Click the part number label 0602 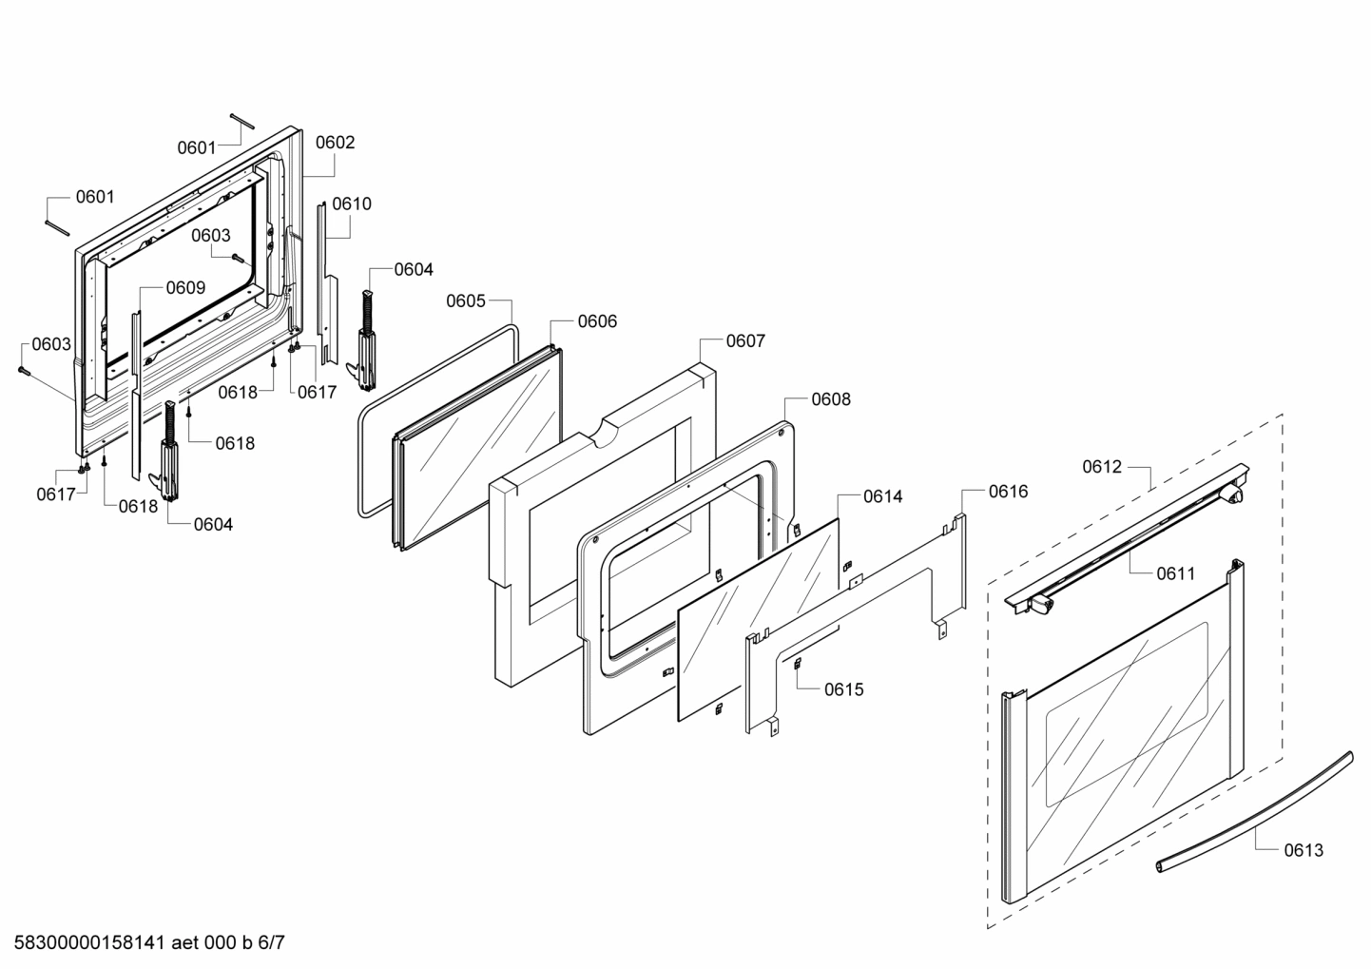pyautogui.click(x=335, y=143)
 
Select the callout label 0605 pyautogui.click(x=466, y=301)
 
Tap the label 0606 pyautogui.click(x=597, y=321)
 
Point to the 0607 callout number pyautogui.click(x=745, y=341)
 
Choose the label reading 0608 pyautogui.click(x=831, y=399)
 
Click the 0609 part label pyautogui.click(x=185, y=288)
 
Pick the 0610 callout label pyautogui.click(x=352, y=203)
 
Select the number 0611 pyautogui.click(x=1175, y=573)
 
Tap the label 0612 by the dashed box pyautogui.click(x=1102, y=467)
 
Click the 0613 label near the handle pyautogui.click(x=1303, y=850)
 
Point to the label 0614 pyautogui.click(x=882, y=496)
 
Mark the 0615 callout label pyautogui.click(x=844, y=689)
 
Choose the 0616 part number pyautogui.click(x=1008, y=492)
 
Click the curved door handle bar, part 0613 pyautogui.click(x=1255, y=808)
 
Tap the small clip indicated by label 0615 pyautogui.click(x=797, y=665)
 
